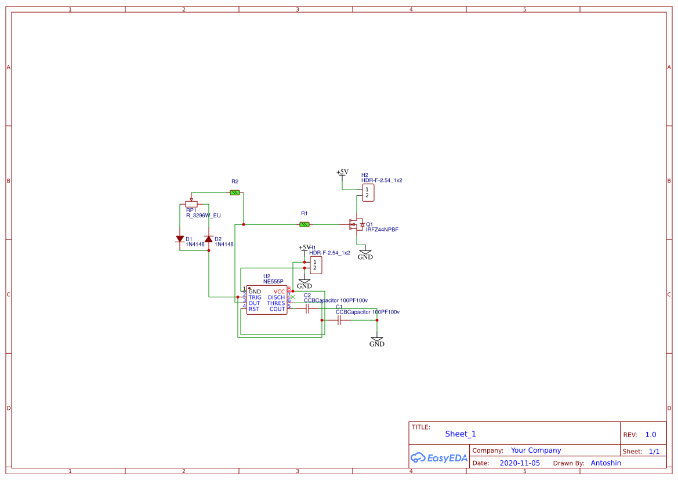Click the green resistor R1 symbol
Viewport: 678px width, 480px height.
304,224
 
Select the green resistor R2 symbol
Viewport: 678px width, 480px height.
235,192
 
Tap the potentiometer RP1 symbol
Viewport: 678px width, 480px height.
191,204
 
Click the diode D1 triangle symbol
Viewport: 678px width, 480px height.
180,239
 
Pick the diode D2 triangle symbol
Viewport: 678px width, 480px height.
209,239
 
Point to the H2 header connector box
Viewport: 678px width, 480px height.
367,193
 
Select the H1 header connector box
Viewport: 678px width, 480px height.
315,266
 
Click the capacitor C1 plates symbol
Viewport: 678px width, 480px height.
340,320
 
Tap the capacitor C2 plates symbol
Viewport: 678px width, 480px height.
307,309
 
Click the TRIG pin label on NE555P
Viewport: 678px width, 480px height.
255,297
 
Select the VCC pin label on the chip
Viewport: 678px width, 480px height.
279,292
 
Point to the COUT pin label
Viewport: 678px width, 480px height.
277,309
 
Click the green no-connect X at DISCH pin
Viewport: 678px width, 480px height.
293,297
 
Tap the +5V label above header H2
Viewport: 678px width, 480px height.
342,172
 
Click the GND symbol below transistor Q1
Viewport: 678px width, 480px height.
365,254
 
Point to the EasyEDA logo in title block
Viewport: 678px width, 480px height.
438,457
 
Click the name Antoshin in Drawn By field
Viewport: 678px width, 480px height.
606,463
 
